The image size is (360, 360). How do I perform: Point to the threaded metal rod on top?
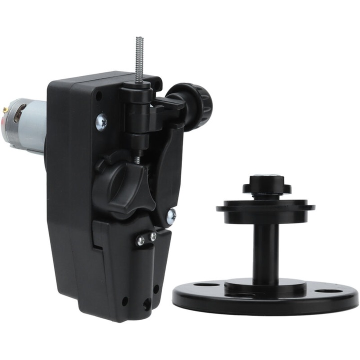[x=139, y=57]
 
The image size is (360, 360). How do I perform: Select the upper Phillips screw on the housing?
[x=101, y=121]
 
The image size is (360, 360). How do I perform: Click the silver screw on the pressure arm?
[x=171, y=216]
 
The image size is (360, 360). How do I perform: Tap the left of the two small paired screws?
[x=141, y=240]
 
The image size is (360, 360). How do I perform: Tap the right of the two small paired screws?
[x=152, y=236]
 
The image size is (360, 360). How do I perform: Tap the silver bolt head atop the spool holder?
[x=265, y=178]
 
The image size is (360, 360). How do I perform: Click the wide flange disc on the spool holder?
[x=265, y=205]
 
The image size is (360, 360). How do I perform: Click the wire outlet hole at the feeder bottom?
[x=147, y=303]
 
